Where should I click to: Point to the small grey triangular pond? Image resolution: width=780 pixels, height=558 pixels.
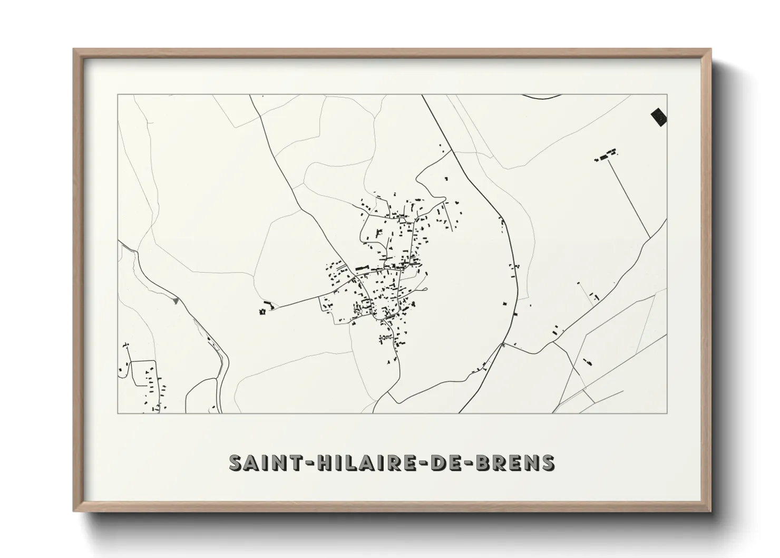(175, 300)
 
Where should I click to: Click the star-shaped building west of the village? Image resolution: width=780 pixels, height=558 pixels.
(261, 312)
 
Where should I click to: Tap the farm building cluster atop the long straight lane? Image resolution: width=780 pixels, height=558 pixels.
(606, 156)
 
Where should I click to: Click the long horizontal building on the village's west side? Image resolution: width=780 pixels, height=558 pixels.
(362, 268)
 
